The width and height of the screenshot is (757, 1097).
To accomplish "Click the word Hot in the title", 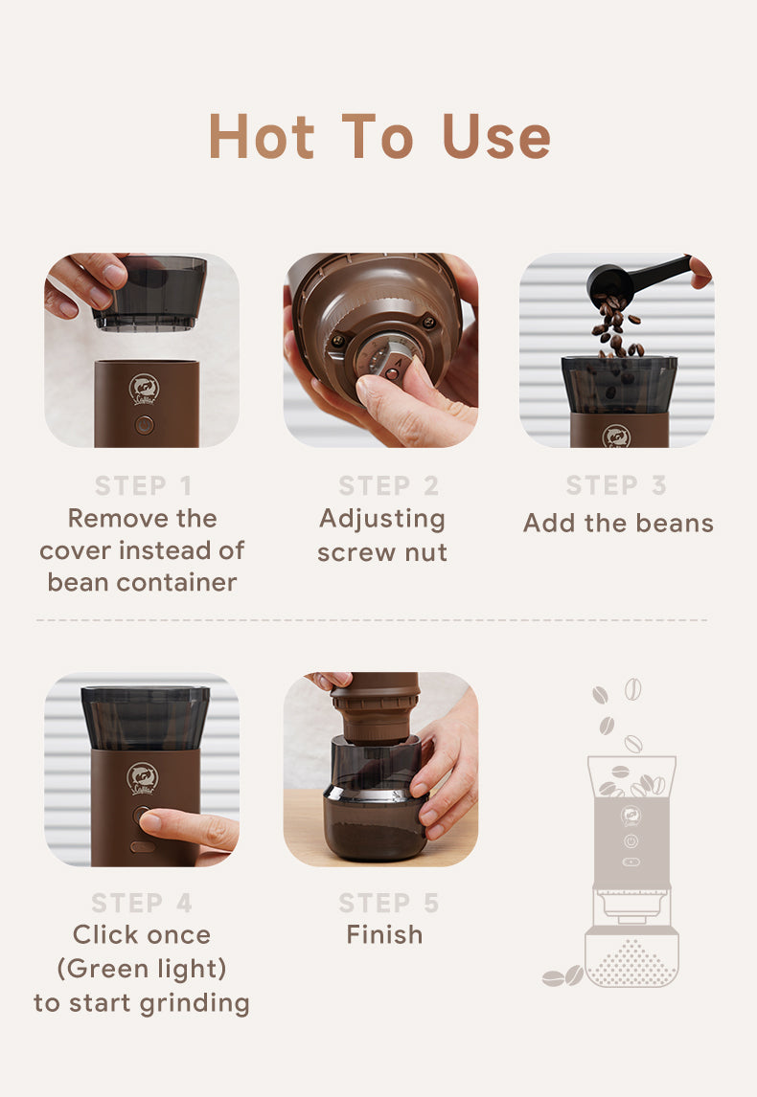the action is pyautogui.click(x=262, y=136).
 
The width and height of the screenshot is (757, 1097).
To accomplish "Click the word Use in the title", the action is pyautogui.click(x=496, y=136).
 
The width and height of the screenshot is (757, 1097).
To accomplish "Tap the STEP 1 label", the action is pyautogui.click(x=143, y=485).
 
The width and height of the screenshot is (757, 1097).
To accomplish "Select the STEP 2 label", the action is pyautogui.click(x=389, y=485).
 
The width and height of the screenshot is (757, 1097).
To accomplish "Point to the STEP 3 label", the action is pyautogui.click(x=616, y=484).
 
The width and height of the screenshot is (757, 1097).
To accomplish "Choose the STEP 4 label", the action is pyautogui.click(x=142, y=903).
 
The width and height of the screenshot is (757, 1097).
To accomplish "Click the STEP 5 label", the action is pyautogui.click(x=389, y=903).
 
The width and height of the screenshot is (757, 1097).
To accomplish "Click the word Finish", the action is pyautogui.click(x=384, y=934).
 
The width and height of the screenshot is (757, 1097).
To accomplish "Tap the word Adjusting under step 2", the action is pyautogui.click(x=382, y=520).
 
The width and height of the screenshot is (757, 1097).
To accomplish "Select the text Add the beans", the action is pyautogui.click(x=618, y=523).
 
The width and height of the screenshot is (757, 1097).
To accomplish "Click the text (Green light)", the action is pyautogui.click(x=142, y=969).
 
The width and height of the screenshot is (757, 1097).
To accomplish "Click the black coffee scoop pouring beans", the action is pyautogui.click(x=633, y=279).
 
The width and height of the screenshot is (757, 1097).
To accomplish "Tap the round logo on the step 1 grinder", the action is pyautogui.click(x=145, y=390).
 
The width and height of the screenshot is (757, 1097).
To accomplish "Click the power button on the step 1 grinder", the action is pyautogui.click(x=145, y=425).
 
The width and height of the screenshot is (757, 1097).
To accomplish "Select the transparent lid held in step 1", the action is pyautogui.click(x=150, y=293).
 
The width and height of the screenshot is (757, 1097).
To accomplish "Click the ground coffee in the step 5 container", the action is pyautogui.click(x=375, y=839).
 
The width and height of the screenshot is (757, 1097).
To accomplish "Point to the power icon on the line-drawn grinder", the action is pyautogui.click(x=631, y=840).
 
